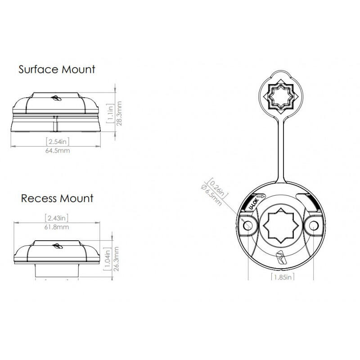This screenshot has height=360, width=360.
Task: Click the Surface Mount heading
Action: click(57, 69)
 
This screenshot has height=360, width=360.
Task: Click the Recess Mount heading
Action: click(57, 198)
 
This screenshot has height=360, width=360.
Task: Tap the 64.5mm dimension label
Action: click(58, 151)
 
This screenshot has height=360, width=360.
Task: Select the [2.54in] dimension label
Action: click(58, 141)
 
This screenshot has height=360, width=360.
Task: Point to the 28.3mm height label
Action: click(119, 113)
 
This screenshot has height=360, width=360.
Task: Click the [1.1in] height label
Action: click(110, 113)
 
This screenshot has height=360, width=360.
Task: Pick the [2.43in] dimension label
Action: click(57, 218)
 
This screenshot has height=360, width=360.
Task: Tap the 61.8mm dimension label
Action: click(57, 227)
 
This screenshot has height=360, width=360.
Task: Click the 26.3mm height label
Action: click(117, 259)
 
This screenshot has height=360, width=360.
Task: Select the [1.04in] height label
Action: click(108, 259)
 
